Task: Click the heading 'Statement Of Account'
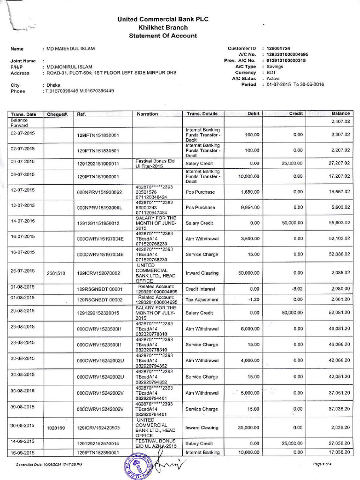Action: coord(163,36)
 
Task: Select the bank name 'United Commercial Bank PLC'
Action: coord(163,19)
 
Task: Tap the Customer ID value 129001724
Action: coord(279,48)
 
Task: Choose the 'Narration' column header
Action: coord(148,114)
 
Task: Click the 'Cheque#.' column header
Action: coord(58,114)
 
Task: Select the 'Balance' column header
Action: coord(341,113)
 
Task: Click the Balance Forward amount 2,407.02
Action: coord(341,121)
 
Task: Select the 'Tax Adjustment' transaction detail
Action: coord(202,300)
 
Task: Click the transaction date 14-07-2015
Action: coord(23,220)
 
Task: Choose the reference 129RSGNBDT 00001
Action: coord(99,290)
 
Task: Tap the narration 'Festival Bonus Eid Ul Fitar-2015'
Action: coord(155,163)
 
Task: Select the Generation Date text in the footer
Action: coord(49,465)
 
